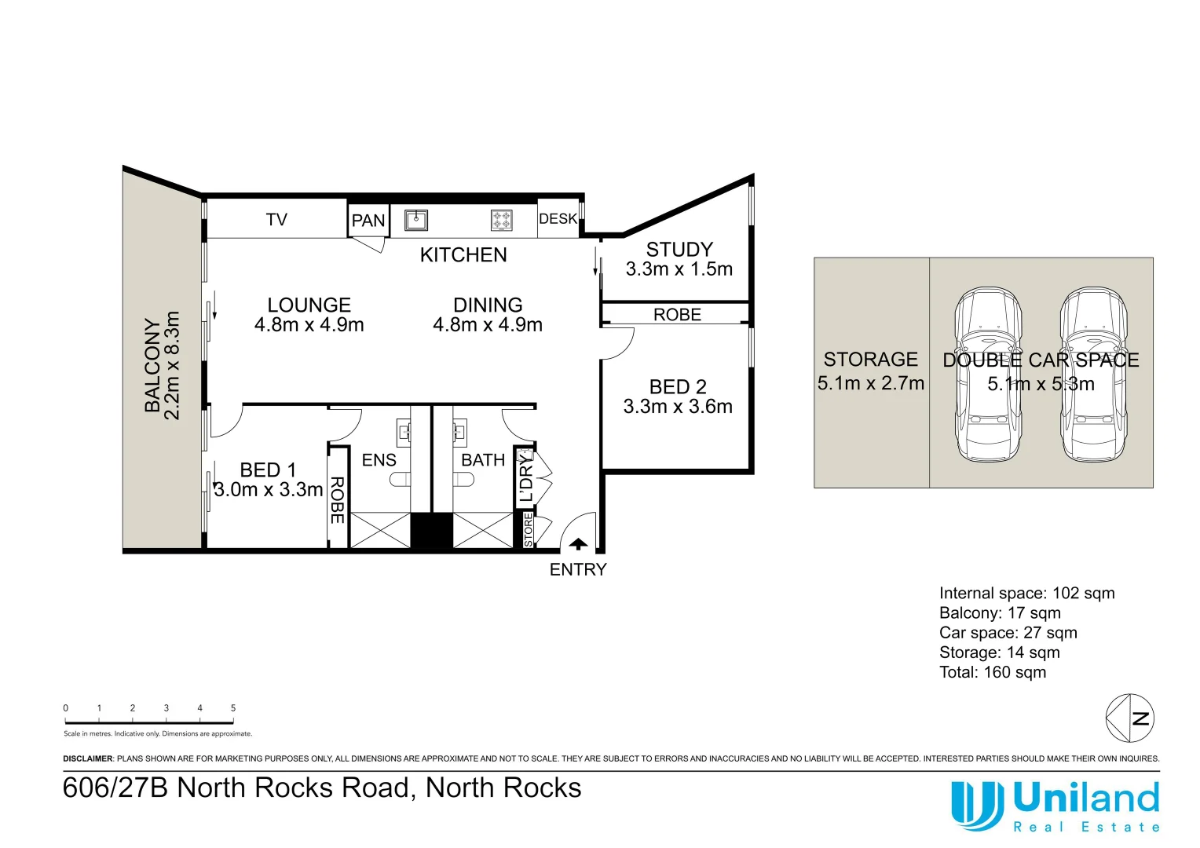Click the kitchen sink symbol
pos(415,220)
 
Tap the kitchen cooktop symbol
pos(502,220)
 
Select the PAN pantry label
pos(368,221)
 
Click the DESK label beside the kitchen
pos(558,219)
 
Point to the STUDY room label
pos(679,250)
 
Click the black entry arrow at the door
pos(578,543)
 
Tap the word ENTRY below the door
pos(578,570)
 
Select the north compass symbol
pos(1130,718)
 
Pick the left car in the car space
pos(988,375)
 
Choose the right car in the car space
pos(1093,375)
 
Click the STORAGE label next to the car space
pos(870,360)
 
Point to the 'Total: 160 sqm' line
pos(993,672)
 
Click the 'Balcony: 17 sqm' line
pos(1000,613)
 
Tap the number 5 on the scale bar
pos(233,708)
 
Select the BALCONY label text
pos(152,365)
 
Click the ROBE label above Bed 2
pos(677,315)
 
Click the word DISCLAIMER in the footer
pos(88,759)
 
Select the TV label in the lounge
pos(276,220)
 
